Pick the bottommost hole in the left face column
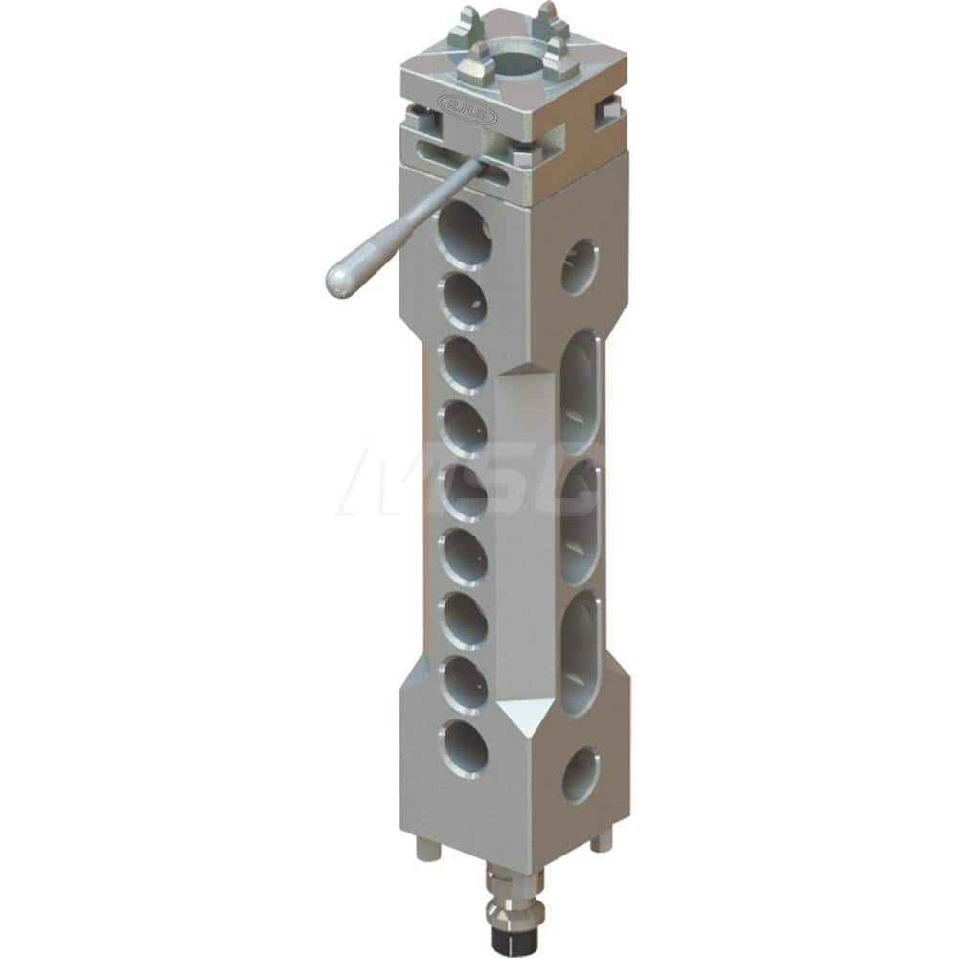pos(465,747)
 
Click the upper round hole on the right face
pos(579,265)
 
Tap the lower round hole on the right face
pos(582,774)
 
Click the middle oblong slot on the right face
pos(581,522)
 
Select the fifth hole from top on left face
pos(465,491)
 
